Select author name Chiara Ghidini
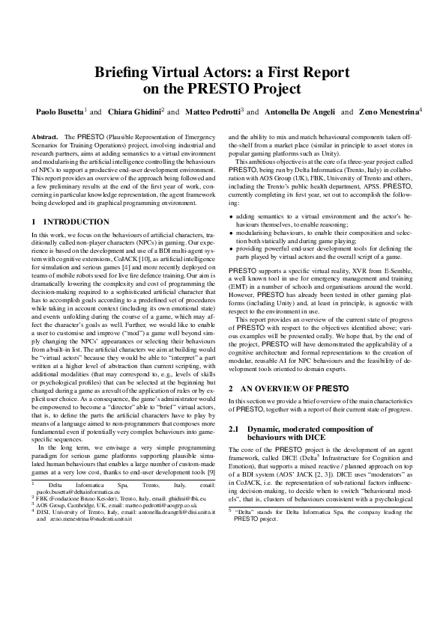point(136,111)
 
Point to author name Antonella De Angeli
point(298,111)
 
